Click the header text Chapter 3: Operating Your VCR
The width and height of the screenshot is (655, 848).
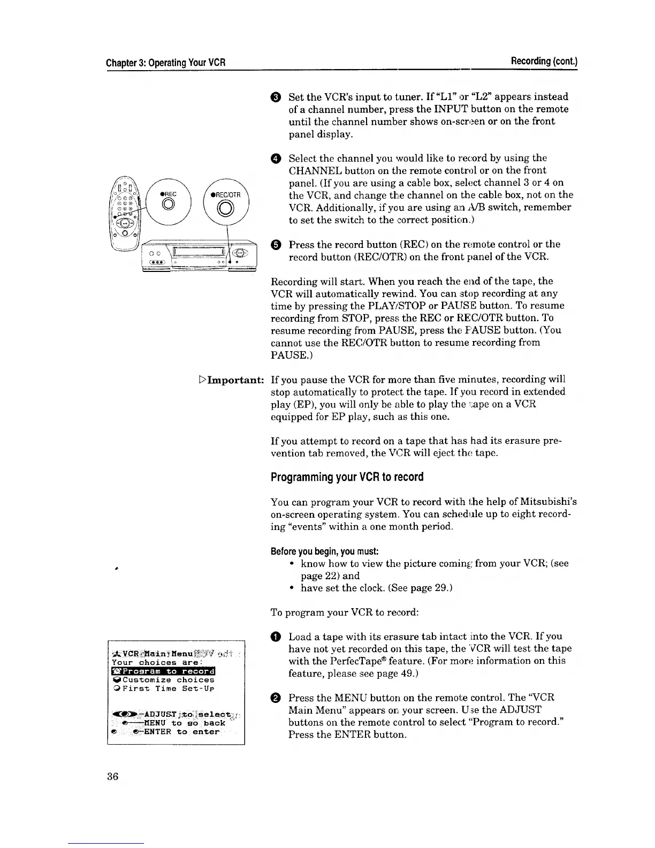(165, 63)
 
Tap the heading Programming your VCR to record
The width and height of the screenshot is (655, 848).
(347, 476)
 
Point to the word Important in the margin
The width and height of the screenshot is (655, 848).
(234, 380)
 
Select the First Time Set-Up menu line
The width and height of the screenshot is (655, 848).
(163, 688)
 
